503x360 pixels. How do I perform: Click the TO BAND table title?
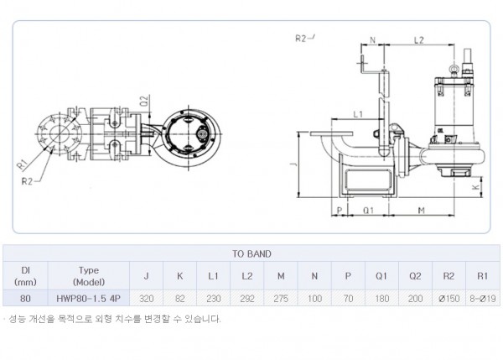(251, 253)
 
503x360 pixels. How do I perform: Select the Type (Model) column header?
(89, 276)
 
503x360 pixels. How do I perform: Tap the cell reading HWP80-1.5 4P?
(89, 299)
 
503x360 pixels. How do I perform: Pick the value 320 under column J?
(147, 299)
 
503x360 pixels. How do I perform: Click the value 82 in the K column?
(180, 299)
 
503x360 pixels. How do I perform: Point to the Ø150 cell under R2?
(449, 299)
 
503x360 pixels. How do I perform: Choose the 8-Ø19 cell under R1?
(483, 299)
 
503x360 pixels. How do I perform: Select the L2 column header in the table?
(247, 276)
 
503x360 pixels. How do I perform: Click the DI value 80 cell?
(25, 299)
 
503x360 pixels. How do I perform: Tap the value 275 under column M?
(281, 299)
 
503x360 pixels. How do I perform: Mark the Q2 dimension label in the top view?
(145, 101)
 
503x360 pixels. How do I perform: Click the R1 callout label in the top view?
(22, 165)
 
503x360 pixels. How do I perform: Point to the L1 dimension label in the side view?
(358, 114)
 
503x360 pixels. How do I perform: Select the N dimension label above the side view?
(372, 40)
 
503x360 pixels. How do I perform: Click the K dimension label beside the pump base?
(476, 187)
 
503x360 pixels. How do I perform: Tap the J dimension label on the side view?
(295, 164)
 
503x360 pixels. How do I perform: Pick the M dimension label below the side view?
(422, 211)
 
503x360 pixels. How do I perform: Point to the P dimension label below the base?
(340, 211)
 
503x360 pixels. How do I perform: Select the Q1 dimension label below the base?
(369, 211)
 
